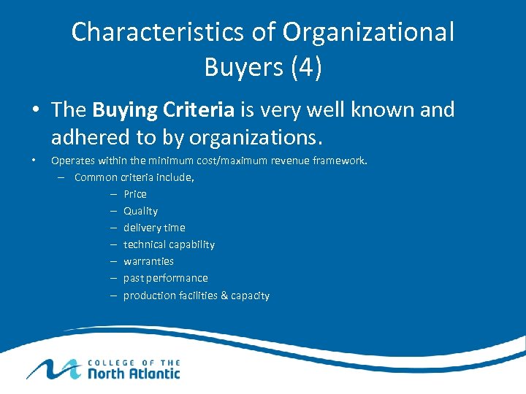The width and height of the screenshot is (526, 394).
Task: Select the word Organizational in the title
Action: (x=368, y=32)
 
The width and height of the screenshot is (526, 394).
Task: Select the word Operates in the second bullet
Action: (x=72, y=160)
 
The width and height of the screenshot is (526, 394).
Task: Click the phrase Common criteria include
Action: (x=134, y=177)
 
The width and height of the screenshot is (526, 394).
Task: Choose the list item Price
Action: (x=135, y=194)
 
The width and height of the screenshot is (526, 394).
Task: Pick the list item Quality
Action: (x=140, y=211)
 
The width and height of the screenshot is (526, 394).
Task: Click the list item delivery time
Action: (x=154, y=228)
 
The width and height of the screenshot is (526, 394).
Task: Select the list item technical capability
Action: (x=169, y=244)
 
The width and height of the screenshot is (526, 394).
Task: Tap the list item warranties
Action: (x=148, y=261)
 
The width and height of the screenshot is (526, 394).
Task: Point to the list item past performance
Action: (x=165, y=278)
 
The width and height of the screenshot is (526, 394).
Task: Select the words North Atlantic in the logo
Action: (x=134, y=373)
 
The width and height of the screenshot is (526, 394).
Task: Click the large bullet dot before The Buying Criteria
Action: (x=35, y=111)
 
